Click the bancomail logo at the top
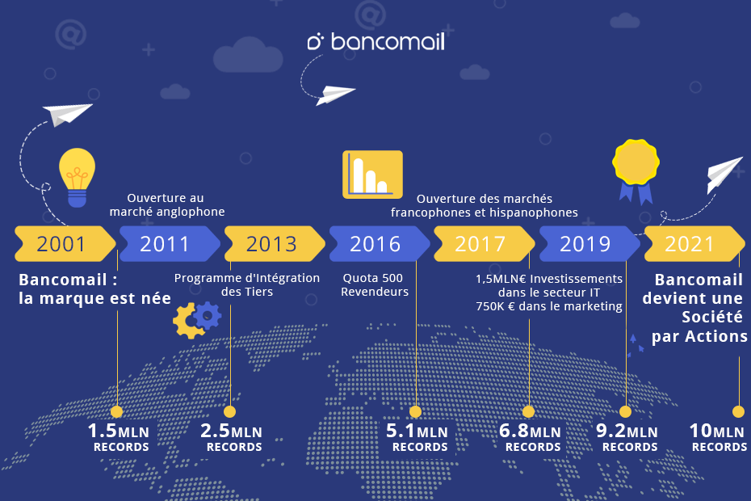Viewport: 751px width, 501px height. pos(376,42)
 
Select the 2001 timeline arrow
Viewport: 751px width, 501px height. pos(65,243)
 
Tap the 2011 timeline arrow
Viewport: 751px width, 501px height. pos(170,243)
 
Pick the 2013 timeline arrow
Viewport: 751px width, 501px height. pos(275,243)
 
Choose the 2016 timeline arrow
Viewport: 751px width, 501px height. pos(380,243)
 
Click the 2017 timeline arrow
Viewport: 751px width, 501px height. pos(485,243)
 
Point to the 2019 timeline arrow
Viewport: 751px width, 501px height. pos(589,243)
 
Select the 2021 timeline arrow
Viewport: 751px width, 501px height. pos(694,243)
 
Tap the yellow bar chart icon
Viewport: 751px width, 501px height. pos(372,175)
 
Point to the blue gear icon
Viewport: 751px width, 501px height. pos(208,315)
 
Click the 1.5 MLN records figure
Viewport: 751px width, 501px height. pos(119,437)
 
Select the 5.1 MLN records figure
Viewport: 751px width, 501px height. pos(417,437)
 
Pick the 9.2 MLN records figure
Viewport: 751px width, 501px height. pos(627,437)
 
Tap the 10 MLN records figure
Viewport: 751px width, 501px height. pos(718,437)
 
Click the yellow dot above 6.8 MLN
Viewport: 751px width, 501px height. pos(529,411)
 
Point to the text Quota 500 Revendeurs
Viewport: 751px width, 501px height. pos(374,284)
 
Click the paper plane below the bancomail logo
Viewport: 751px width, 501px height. pos(336,94)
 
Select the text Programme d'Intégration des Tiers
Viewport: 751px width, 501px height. pos(246,284)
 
